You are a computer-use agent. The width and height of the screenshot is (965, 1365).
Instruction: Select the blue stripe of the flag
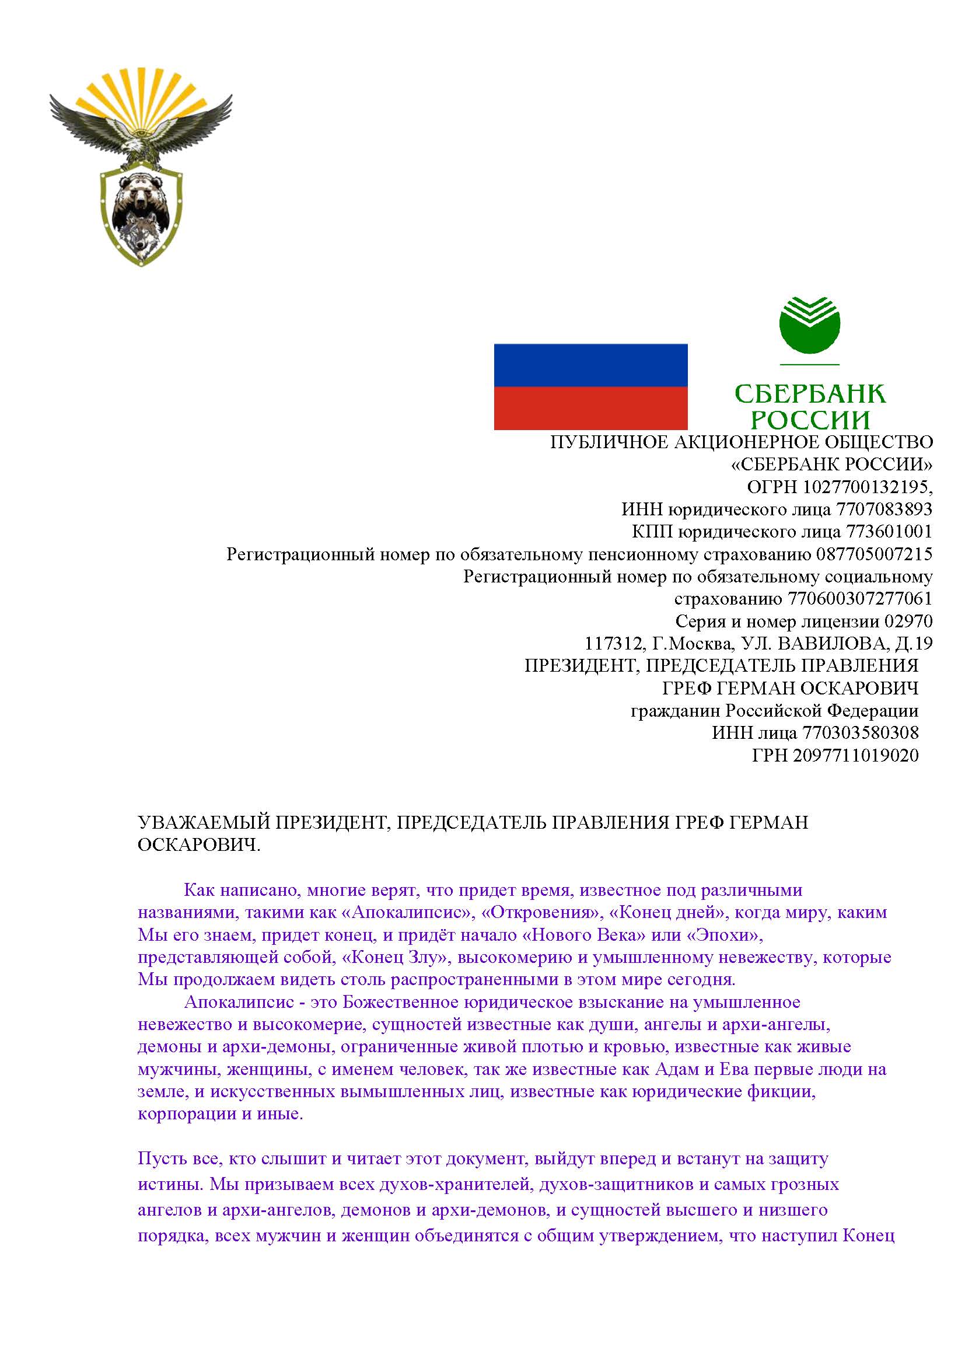pyautogui.click(x=590, y=365)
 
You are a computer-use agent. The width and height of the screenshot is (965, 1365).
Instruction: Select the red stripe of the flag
pyautogui.click(x=590, y=408)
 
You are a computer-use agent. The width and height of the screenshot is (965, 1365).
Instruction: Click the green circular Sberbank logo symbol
pyautogui.click(x=809, y=324)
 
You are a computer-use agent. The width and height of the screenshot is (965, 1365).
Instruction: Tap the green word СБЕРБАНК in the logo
pyautogui.click(x=809, y=393)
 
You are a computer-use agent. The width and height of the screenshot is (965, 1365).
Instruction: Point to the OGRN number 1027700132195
pyautogui.click(x=867, y=487)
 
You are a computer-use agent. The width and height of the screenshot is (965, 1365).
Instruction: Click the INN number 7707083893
pyautogui.click(x=883, y=509)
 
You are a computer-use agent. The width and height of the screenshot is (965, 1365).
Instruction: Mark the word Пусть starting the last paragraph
pyautogui.click(x=158, y=1159)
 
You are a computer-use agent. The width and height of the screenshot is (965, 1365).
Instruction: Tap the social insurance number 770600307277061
pyautogui.click(x=860, y=599)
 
